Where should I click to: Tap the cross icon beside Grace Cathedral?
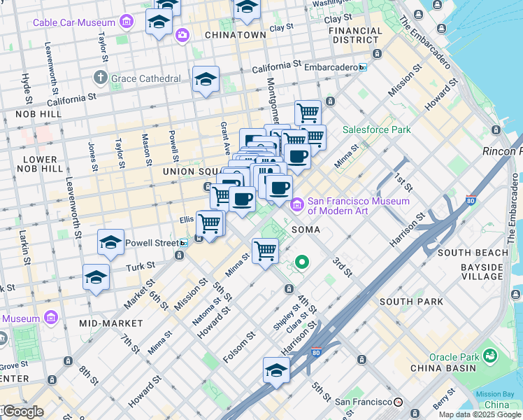(101, 78)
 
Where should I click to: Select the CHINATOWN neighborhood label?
(235, 34)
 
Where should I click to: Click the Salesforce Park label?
(376, 129)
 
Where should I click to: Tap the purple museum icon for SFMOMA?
(296, 204)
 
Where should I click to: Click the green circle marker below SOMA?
(302, 262)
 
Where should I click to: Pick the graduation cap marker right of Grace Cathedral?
(206, 80)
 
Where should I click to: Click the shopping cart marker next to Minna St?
(265, 250)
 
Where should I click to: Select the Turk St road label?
(138, 267)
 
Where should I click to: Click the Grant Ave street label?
(225, 139)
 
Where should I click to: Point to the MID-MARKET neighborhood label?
(110, 323)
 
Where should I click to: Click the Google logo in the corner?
(22, 412)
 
